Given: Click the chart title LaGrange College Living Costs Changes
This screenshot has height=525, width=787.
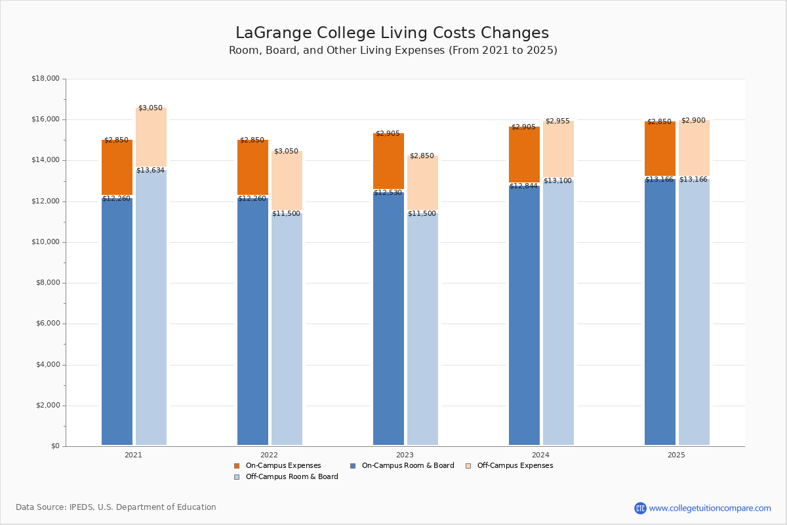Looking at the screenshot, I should click(392, 33).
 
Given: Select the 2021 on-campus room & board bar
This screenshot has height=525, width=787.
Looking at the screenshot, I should click(117, 322).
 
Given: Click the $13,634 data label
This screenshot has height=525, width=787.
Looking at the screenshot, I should click(150, 171).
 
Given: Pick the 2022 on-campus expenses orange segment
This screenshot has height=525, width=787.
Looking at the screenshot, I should click(252, 167).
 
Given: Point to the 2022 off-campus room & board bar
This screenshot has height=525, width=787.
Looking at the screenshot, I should click(287, 328).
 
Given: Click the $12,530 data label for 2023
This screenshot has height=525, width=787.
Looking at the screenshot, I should click(388, 193).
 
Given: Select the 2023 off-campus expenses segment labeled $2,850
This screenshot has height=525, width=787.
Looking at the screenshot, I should click(422, 182).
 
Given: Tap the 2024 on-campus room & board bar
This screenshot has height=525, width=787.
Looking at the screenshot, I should click(524, 315).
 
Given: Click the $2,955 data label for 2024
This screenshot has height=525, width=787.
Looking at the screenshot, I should click(557, 121).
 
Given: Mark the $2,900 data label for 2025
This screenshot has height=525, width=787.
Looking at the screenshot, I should click(693, 121).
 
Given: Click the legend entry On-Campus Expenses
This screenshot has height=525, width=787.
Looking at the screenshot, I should click(283, 466).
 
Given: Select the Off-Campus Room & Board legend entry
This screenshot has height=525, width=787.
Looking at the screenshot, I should click(291, 477).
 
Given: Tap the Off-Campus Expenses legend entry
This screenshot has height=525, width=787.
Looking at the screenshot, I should click(514, 466).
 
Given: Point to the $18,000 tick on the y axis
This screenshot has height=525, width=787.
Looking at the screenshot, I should click(45, 79).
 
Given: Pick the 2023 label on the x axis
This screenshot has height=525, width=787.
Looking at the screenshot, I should click(405, 455).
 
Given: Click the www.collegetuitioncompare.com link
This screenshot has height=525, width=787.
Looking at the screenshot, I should click(710, 508).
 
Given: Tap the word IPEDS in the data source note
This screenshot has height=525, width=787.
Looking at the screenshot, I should click(82, 507).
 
